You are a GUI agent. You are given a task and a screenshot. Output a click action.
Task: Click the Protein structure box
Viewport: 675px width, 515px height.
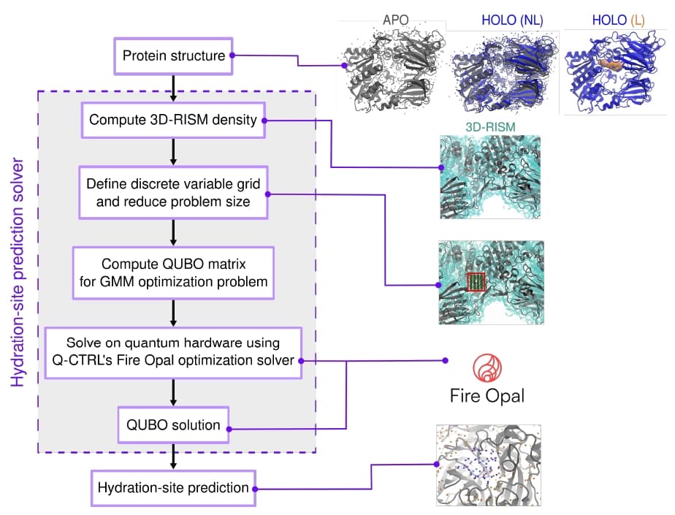point(172,56)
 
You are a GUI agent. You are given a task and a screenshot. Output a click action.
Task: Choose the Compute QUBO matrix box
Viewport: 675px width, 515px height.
point(172,272)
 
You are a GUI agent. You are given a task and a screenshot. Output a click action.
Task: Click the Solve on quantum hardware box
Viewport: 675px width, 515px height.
point(172,353)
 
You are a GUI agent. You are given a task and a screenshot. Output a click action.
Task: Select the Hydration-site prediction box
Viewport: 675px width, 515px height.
point(172,488)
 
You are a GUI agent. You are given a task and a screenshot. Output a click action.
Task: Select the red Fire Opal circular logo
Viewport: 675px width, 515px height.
point(487,369)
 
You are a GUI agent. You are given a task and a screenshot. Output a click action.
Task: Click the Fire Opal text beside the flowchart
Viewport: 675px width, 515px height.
point(487,397)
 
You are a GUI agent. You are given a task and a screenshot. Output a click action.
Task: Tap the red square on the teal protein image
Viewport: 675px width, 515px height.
point(476,281)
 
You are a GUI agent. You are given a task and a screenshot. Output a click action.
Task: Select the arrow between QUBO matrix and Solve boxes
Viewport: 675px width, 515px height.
point(172,313)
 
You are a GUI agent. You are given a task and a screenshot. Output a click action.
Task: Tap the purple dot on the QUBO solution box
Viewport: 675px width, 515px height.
point(229,429)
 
